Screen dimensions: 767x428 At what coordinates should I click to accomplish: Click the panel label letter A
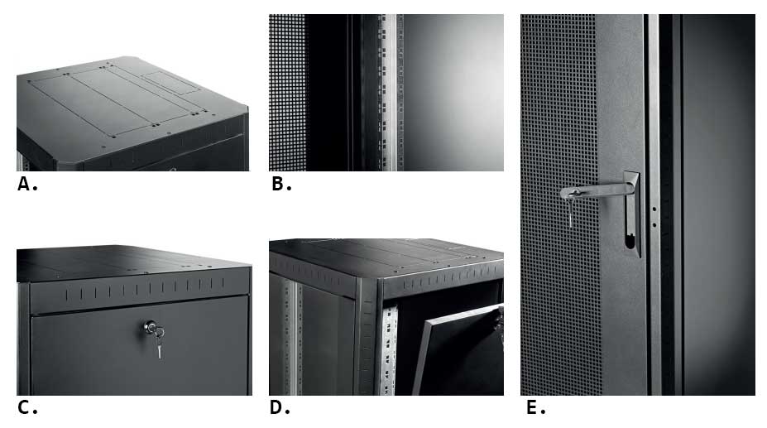tap(24, 184)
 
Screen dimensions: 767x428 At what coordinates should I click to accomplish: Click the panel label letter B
tap(277, 184)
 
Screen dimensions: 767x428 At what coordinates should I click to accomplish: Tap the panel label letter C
tap(23, 407)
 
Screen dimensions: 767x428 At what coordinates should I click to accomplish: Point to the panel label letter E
tap(532, 407)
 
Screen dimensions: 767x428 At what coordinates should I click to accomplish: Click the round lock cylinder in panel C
tap(150, 326)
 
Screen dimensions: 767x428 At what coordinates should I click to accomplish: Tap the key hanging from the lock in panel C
tap(159, 343)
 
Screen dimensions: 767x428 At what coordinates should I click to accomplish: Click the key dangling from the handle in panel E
tap(571, 210)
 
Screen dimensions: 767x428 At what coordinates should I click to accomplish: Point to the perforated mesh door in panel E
tap(560, 204)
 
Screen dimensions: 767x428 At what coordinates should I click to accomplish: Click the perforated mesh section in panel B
tap(287, 92)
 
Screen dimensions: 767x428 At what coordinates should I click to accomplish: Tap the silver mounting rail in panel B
tap(389, 92)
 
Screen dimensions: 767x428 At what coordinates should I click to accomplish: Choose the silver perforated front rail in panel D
tap(390, 351)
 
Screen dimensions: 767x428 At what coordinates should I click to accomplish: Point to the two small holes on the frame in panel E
tap(654, 217)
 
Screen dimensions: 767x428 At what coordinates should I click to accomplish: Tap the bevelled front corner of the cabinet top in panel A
tap(74, 165)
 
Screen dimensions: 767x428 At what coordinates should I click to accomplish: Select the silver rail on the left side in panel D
tap(292, 339)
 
